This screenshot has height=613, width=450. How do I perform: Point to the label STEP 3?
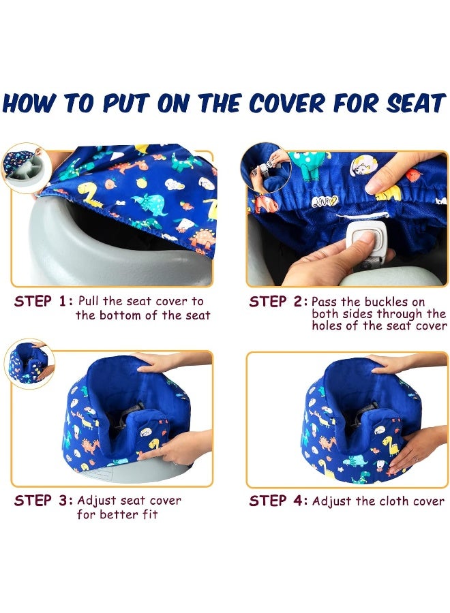43,501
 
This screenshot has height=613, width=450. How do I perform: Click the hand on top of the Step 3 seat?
164,362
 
